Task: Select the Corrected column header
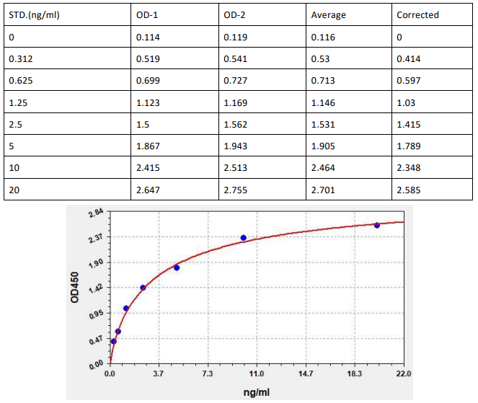coord(417,14)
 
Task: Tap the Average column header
coord(328,14)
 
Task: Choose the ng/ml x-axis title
coord(256,391)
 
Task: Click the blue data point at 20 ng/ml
coord(376,225)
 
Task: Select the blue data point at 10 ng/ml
coord(244,238)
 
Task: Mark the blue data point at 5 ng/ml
coord(177,267)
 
